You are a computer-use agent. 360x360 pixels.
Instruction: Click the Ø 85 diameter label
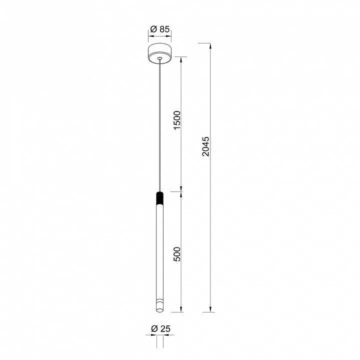pyautogui.click(x=160, y=29)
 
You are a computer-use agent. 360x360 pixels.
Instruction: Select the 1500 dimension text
pyautogui.click(x=177, y=120)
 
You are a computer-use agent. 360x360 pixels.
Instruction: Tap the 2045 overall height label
pyautogui.click(x=205, y=146)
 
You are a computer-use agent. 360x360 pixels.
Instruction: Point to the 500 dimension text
pyautogui.click(x=177, y=254)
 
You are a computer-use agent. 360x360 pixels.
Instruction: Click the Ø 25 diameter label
pyautogui.click(x=160, y=329)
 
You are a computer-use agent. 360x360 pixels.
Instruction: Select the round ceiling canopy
pyautogui.click(x=160, y=53)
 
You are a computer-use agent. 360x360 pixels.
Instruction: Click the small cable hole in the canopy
pyautogui.click(x=160, y=58)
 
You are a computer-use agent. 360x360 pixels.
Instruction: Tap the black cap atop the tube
pyautogui.click(x=160, y=198)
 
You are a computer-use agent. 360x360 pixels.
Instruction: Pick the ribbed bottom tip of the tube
pyautogui.click(x=160, y=305)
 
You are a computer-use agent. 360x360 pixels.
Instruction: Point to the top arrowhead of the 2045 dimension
pyautogui.click(x=210, y=45)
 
